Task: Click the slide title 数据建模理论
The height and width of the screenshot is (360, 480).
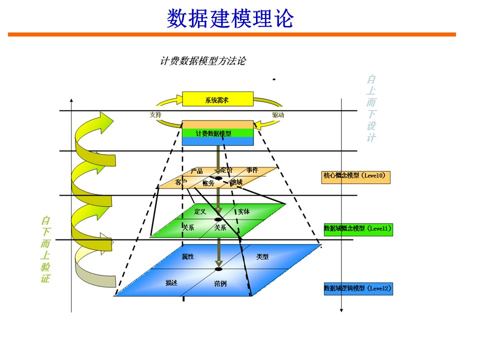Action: [x=230, y=18]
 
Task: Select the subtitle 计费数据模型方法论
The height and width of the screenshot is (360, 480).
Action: [x=203, y=61]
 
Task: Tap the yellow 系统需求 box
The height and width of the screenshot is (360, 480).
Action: [x=217, y=99]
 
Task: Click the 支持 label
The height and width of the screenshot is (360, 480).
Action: [x=155, y=114]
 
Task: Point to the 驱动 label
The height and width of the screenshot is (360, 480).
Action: [x=278, y=115]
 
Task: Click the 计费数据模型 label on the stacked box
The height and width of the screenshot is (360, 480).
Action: [x=213, y=134]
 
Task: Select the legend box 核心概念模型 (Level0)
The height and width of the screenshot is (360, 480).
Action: [x=355, y=176]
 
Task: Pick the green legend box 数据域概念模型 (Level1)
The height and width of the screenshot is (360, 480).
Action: [x=358, y=229]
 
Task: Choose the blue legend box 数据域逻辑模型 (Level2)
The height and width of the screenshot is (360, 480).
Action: [x=358, y=288]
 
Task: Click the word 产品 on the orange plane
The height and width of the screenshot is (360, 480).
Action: [x=196, y=171]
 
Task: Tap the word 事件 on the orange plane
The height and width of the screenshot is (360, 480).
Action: [x=252, y=170]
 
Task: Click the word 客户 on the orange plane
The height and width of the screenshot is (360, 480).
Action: [x=181, y=182]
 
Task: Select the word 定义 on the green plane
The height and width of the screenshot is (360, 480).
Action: [x=200, y=211]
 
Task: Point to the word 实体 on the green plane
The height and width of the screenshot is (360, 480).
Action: [x=243, y=211]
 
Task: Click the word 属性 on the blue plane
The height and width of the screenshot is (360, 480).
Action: [x=188, y=256]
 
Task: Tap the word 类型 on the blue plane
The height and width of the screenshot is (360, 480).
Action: [x=262, y=256]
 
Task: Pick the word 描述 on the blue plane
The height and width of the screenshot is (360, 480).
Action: [x=171, y=283]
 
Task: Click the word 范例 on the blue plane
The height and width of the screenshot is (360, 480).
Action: [x=220, y=283]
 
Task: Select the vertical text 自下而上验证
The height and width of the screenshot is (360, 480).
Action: [x=45, y=249]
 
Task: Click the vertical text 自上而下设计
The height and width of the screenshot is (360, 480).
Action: [x=371, y=108]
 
